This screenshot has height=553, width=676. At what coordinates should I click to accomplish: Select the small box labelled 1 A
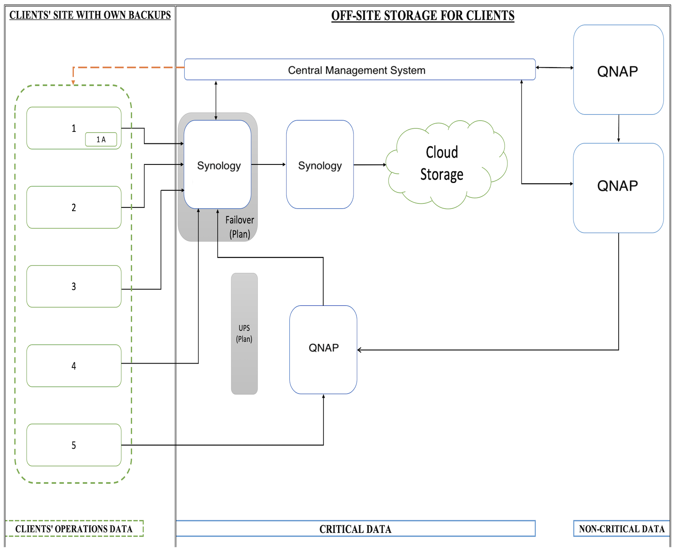[x=101, y=139]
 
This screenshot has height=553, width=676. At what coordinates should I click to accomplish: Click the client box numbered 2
[x=74, y=207]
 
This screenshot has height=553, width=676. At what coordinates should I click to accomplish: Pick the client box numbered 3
[x=74, y=286]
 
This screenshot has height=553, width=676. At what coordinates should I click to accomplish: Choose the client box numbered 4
[x=74, y=366]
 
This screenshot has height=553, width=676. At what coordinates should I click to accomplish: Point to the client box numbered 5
[x=74, y=445]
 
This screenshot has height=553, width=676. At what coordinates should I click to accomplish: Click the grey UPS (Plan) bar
[x=244, y=333]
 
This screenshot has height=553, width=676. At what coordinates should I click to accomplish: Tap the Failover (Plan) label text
[x=240, y=227]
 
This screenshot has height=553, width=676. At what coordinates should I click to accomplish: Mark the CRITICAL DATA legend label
[x=355, y=529]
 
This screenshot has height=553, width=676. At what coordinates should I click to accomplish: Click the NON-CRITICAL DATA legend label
[x=621, y=529]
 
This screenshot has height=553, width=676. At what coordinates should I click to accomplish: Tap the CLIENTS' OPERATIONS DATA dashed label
[x=74, y=529]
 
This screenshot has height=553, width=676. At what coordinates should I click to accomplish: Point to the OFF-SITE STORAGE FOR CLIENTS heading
[x=423, y=16]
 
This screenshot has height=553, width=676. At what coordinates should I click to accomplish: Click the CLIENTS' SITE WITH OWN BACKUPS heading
[x=90, y=15]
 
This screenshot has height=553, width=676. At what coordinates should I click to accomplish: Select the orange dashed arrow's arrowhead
[x=73, y=82]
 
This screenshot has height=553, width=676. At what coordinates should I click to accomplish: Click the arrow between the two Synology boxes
[x=269, y=164]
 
